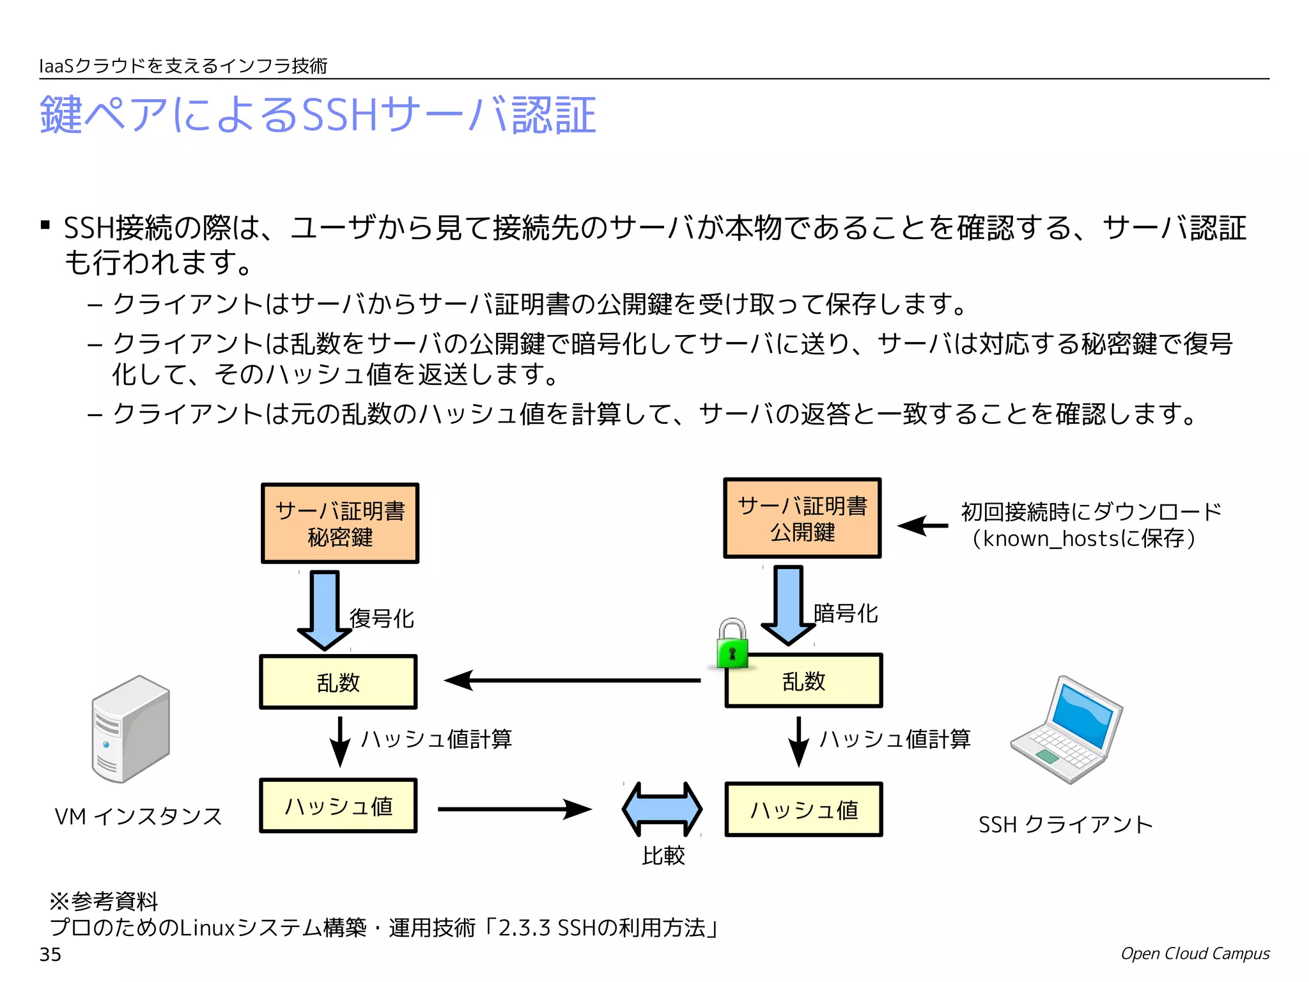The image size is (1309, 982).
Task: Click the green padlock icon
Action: [x=732, y=644]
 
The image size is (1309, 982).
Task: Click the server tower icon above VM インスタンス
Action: [x=131, y=729]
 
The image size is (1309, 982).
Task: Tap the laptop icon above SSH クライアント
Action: [x=1067, y=730]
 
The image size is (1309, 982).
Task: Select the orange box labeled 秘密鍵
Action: [x=340, y=524]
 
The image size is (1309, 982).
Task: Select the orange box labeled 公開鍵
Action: [x=802, y=518]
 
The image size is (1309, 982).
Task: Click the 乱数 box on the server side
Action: [x=338, y=682]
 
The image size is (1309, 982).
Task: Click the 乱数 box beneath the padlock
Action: [x=803, y=681]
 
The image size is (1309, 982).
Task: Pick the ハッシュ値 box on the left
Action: [x=338, y=806]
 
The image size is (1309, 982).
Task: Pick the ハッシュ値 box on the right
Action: [x=803, y=809]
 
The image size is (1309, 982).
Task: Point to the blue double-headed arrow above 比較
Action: [x=662, y=809]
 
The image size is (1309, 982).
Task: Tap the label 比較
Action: [x=663, y=855]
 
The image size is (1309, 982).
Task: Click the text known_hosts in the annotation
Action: [x=1049, y=539]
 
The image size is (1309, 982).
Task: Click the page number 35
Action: [x=50, y=955]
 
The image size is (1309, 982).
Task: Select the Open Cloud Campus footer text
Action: [x=1195, y=953]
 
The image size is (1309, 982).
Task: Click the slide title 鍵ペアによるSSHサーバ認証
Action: [x=318, y=115]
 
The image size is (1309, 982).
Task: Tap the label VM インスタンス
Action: [x=138, y=816]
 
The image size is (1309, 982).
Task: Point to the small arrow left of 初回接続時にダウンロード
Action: [x=923, y=526]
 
